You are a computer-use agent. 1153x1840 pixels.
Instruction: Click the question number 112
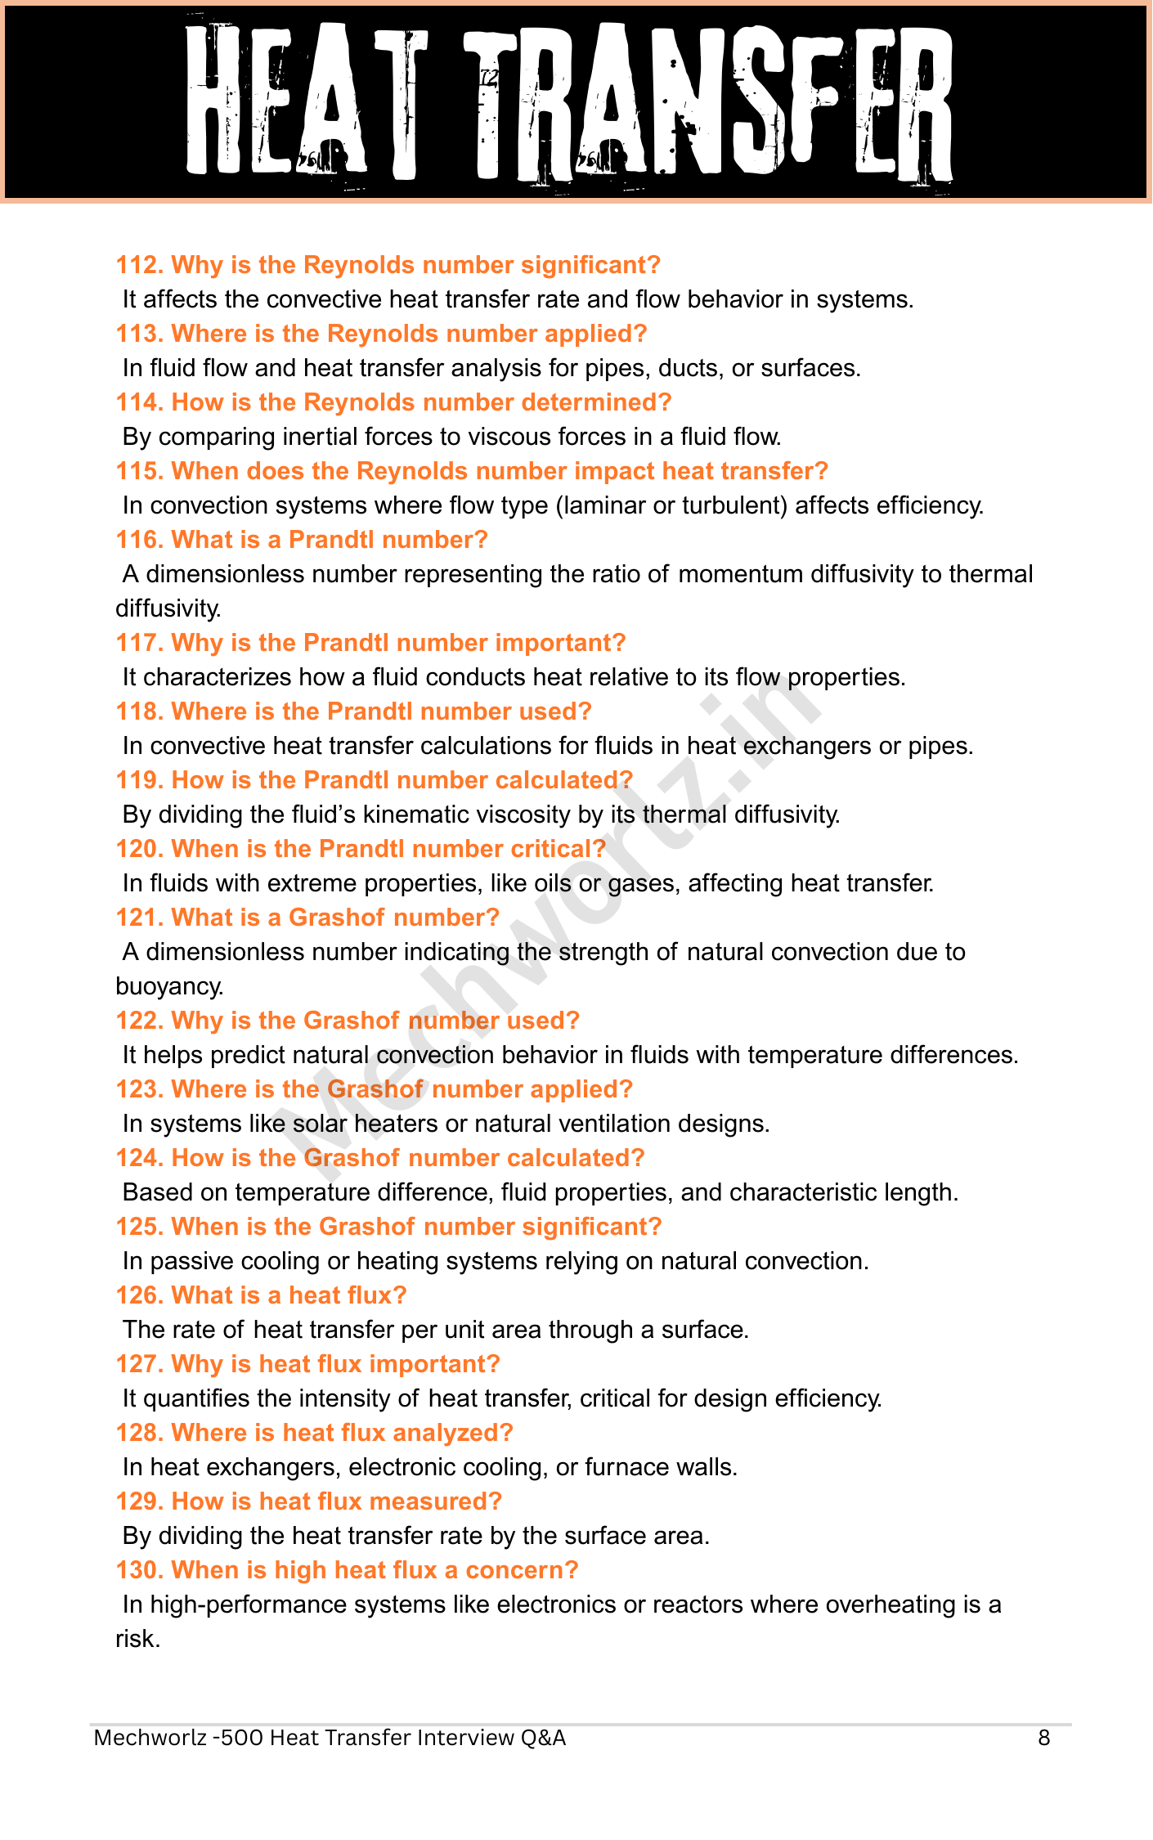click(140, 265)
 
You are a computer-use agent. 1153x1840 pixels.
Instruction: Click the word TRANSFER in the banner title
click(708, 102)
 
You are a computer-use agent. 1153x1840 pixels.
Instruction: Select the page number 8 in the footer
click(1044, 1738)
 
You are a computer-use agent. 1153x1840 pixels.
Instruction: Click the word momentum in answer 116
click(741, 574)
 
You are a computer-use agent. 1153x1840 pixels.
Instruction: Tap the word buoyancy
click(169, 986)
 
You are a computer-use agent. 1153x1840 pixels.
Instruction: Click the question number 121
click(140, 918)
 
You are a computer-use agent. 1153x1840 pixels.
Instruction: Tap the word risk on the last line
click(137, 1639)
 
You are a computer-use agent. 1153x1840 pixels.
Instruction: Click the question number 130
click(140, 1570)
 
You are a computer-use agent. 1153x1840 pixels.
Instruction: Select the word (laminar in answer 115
click(599, 505)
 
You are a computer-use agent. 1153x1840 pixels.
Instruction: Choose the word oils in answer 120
click(553, 883)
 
